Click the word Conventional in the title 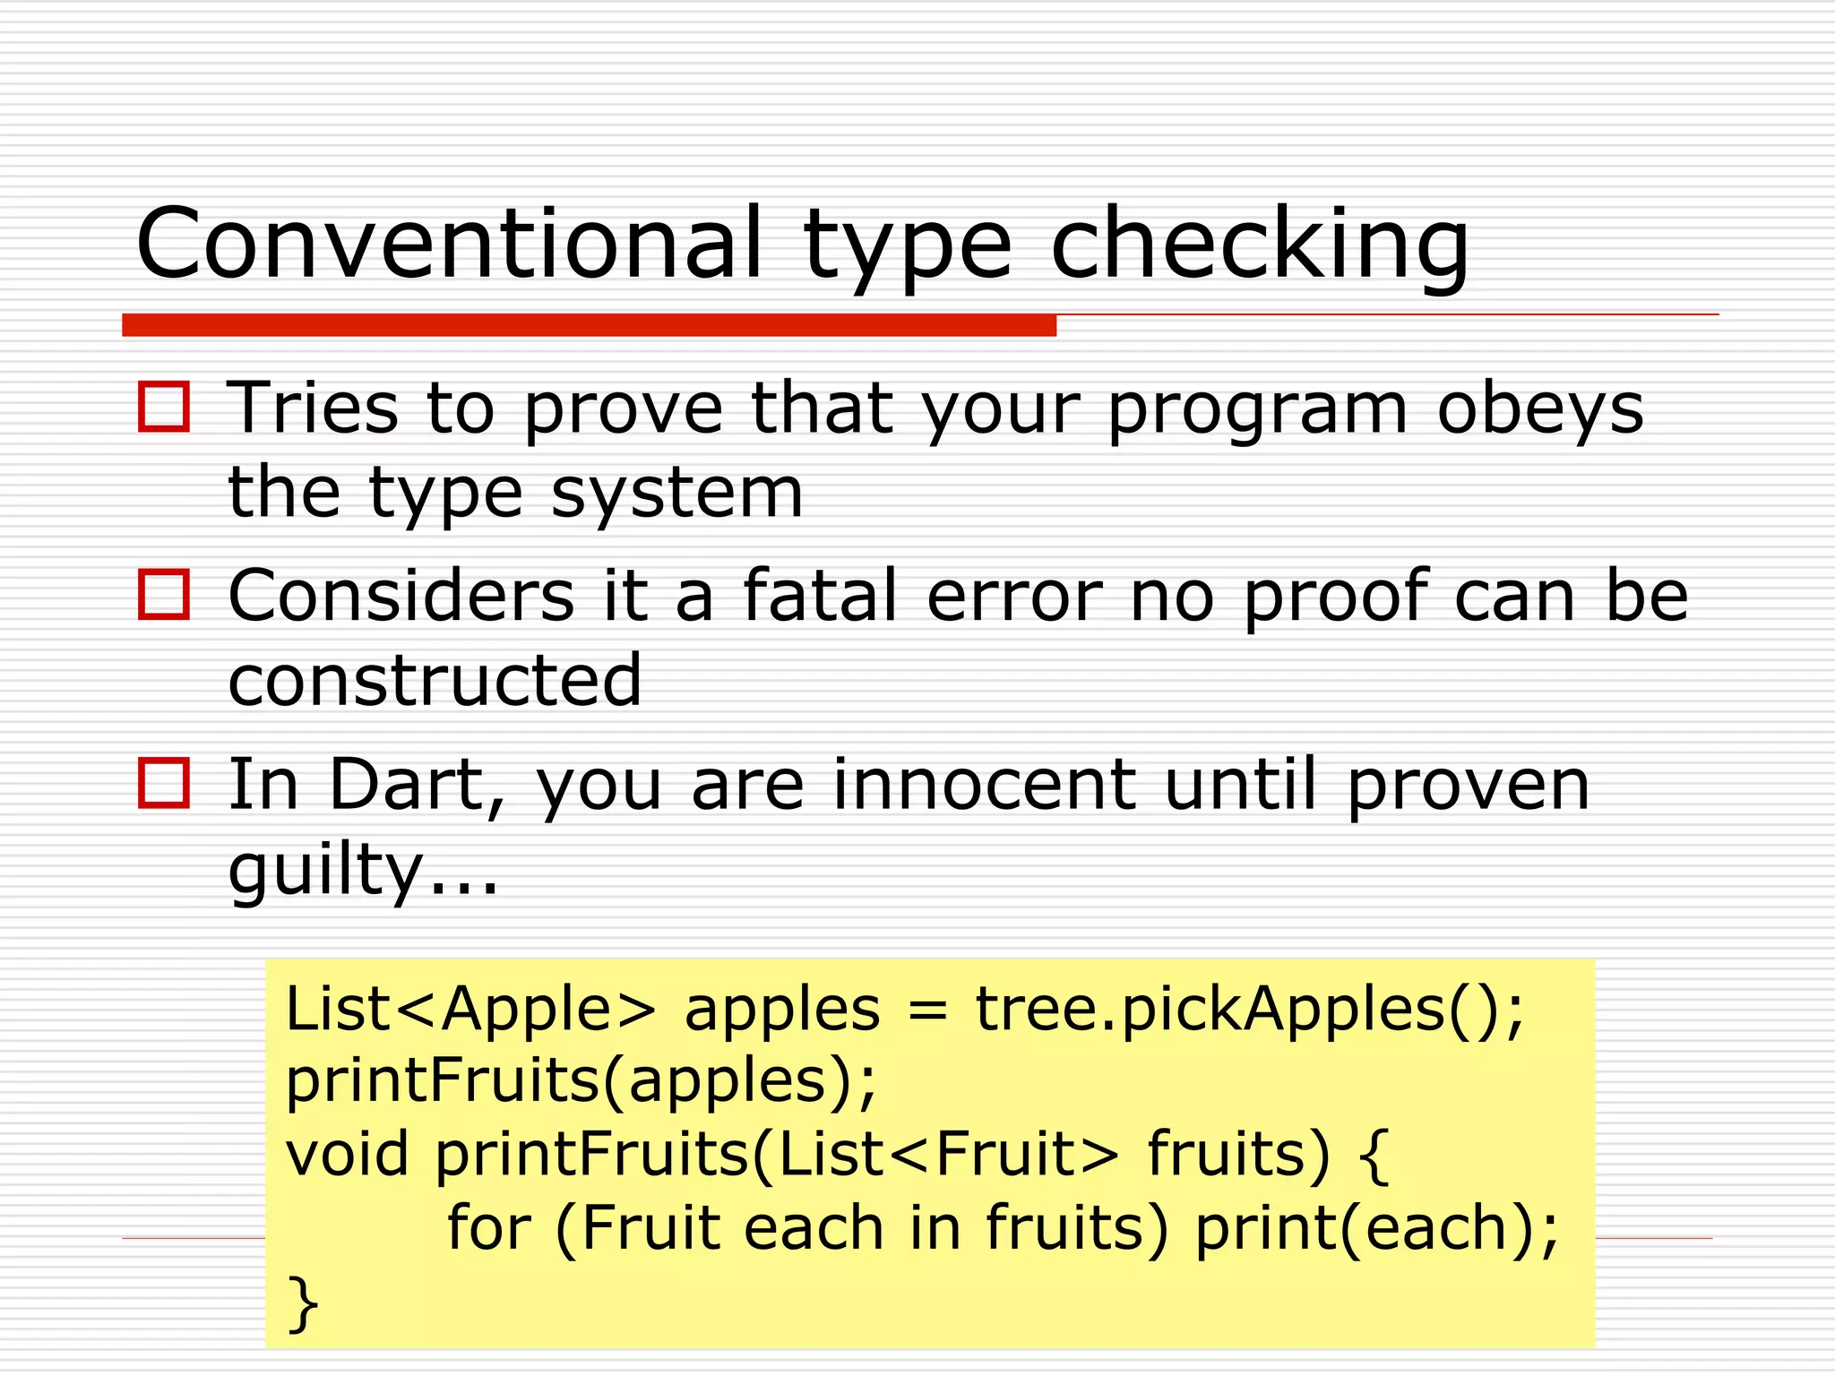(449, 244)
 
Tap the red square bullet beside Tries (164, 408)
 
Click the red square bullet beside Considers (164, 595)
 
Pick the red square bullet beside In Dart (164, 783)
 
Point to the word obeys (1540, 409)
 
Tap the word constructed (435, 680)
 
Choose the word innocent (984, 784)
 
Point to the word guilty (324, 871)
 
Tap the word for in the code (488, 1227)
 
